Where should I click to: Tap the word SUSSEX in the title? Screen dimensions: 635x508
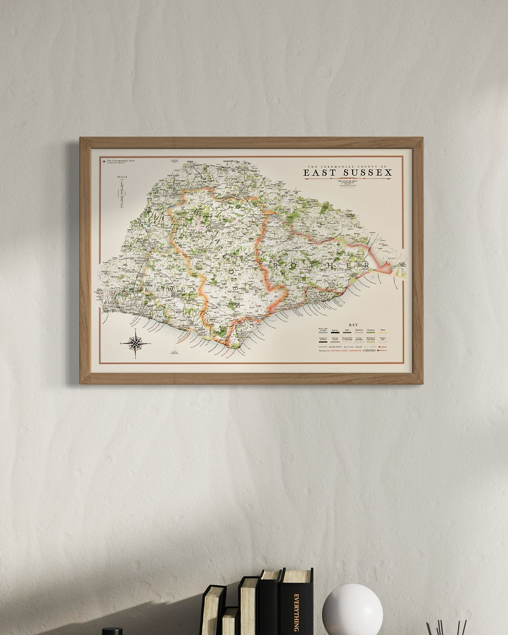point(366,172)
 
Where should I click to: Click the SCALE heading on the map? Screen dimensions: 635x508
point(122,177)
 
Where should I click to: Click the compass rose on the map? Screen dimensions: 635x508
point(135,343)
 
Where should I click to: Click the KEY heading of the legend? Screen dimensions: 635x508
point(354,325)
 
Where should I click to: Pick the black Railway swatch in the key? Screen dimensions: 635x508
point(335,332)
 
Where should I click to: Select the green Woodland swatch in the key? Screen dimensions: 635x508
point(371,332)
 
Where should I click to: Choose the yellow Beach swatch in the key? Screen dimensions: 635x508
point(384,332)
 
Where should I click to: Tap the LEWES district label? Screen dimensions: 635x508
point(162,289)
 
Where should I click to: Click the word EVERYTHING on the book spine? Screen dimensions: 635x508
point(297,612)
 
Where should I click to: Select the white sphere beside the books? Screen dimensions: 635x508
point(352,609)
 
